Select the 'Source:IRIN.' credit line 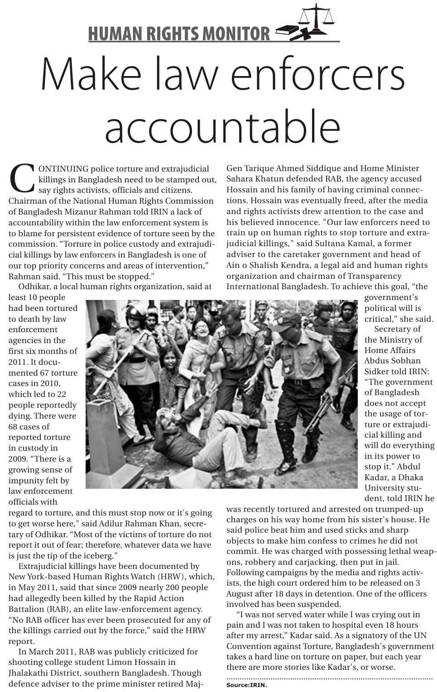pos(247,685)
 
